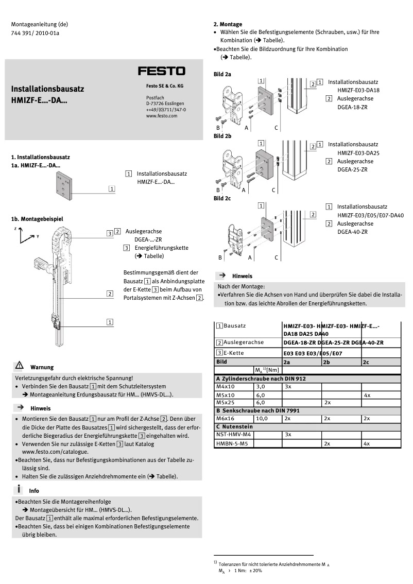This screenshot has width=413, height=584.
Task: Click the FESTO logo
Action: pyautogui.click(x=161, y=71)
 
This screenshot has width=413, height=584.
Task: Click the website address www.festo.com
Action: pyautogui.click(x=162, y=116)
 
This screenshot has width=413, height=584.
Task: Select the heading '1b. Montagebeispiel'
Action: pyautogui.click(x=37, y=219)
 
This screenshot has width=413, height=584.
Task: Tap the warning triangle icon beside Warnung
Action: pyautogui.click(x=19, y=366)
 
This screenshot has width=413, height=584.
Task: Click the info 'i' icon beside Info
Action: pyautogui.click(x=19, y=489)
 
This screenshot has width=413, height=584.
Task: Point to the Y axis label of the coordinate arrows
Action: pyautogui.click(x=38, y=236)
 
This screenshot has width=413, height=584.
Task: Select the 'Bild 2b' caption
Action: pyautogui.click(x=222, y=136)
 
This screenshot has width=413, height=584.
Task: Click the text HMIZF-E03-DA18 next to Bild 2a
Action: pyautogui.click(x=358, y=90)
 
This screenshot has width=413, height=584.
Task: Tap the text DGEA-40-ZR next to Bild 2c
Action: pyautogui.click(x=352, y=232)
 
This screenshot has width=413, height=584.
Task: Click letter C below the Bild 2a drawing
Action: pyautogui.click(x=276, y=127)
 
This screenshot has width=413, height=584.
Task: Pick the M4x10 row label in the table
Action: pyautogui.click(x=225, y=386)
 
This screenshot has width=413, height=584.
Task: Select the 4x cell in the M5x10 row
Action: pyautogui.click(x=367, y=394)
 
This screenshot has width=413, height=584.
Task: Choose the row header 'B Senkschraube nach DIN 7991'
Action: pyautogui.click(x=257, y=410)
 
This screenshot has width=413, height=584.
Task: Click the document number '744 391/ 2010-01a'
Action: pyautogui.click(x=35, y=33)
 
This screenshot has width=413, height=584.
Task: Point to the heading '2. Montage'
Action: pyautogui.click(x=228, y=24)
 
